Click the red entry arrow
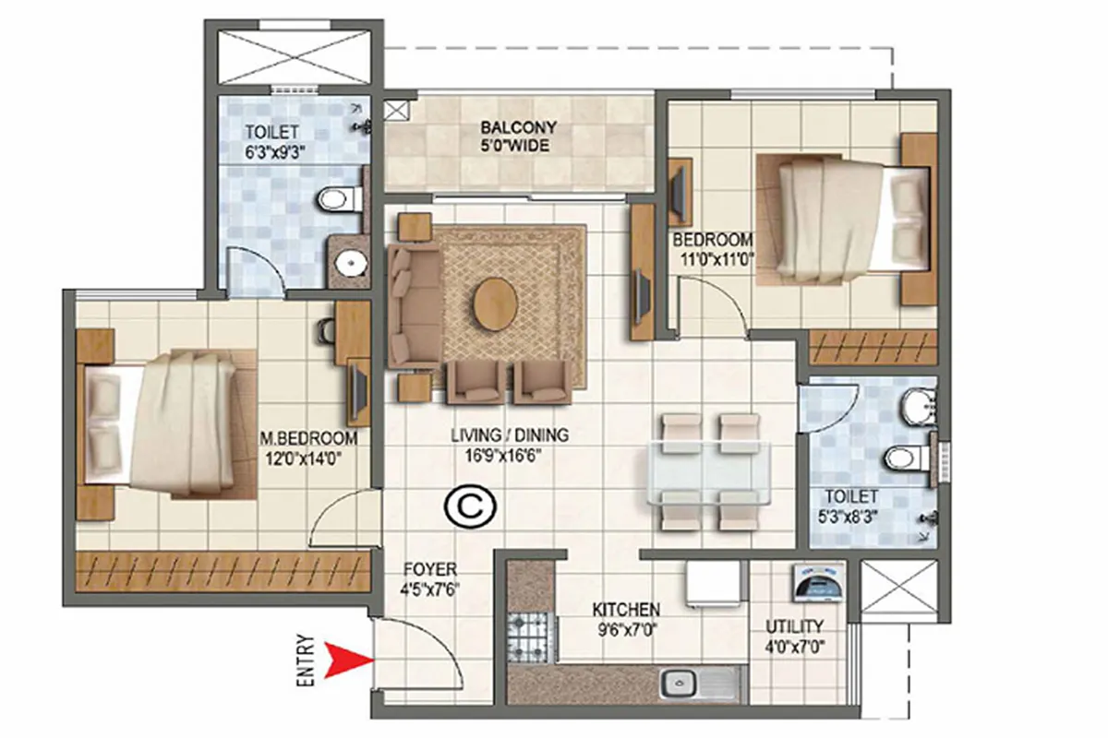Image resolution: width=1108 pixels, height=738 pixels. (349, 661)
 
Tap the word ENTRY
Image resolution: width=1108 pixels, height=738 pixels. (306, 661)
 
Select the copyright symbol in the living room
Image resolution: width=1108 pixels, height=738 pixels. (470, 506)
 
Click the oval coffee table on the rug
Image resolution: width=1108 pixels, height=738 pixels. (496, 304)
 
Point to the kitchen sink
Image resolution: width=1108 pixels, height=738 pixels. (680, 683)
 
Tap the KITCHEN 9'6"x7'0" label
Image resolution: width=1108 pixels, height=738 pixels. (627, 619)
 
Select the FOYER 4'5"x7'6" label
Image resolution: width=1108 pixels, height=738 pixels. (430, 578)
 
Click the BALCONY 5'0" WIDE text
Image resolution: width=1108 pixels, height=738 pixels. (518, 137)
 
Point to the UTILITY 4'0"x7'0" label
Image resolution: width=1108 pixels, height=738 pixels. (794, 637)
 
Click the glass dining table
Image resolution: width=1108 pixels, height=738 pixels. (709, 472)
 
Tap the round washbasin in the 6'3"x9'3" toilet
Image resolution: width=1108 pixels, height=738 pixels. (351, 262)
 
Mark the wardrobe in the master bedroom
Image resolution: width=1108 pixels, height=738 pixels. (223, 572)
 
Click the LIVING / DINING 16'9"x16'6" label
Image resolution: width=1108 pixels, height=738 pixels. (510, 445)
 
